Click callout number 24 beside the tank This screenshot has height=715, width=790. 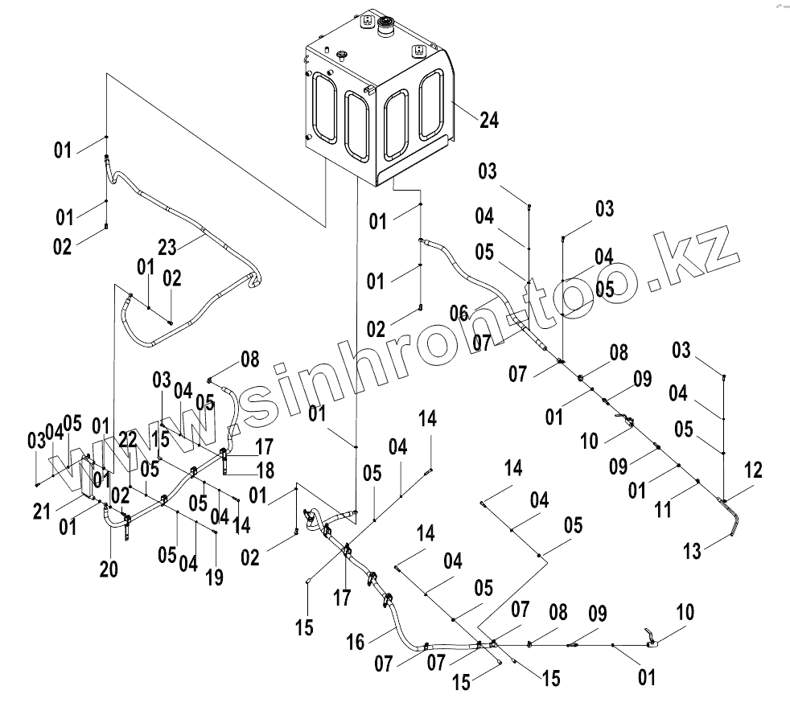pyautogui.click(x=489, y=121)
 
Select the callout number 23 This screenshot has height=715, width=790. pyautogui.click(x=167, y=247)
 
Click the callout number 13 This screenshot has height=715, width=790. pyautogui.click(x=693, y=551)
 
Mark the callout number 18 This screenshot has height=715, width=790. pyautogui.click(x=264, y=469)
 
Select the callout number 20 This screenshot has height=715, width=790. pyautogui.click(x=109, y=569)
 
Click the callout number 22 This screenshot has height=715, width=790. pyautogui.click(x=127, y=440)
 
